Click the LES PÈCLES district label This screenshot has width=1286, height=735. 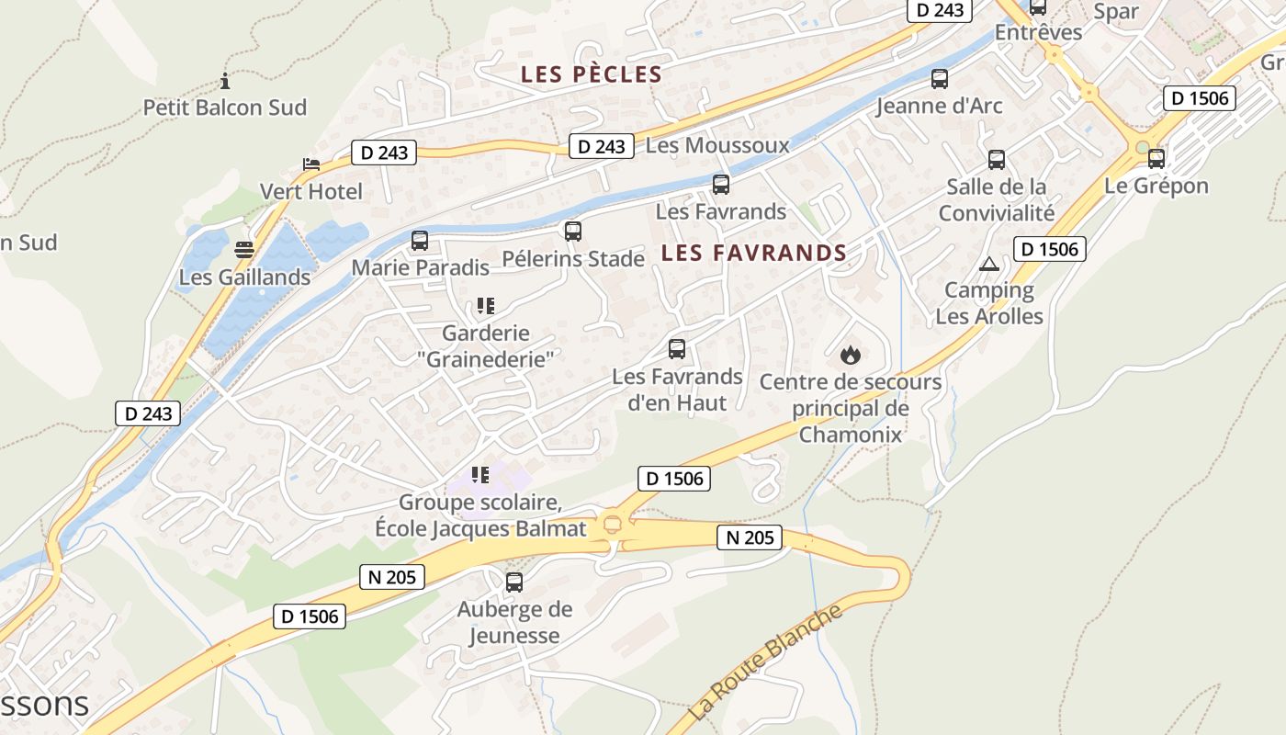(x=592, y=74)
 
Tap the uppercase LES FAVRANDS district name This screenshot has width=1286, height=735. (x=753, y=253)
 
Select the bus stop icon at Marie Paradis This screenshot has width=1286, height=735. (x=420, y=241)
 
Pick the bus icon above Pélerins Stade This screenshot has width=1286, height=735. (x=573, y=232)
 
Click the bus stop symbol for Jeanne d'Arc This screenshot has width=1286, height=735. (x=939, y=79)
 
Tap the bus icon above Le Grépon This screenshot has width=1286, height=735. (x=1156, y=159)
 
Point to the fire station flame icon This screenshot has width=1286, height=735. (x=851, y=354)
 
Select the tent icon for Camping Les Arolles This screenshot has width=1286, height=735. (x=989, y=265)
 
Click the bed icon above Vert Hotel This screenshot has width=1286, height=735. (x=311, y=164)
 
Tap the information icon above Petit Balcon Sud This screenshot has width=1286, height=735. (x=225, y=81)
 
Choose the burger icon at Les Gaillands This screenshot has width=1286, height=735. (x=244, y=249)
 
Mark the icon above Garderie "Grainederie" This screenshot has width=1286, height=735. (x=485, y=306)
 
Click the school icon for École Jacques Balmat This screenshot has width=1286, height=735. (x=480, y=475)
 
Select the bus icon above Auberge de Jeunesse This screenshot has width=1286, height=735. (x=514, y=582)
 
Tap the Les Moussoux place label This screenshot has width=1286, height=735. (x=717, y=145)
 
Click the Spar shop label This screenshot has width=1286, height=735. (x=1116, y=11)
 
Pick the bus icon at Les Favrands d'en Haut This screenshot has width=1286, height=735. (x=677, y=349)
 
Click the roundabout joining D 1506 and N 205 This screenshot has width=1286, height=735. (x=613, y=526)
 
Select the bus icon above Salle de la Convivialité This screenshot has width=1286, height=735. (x=997, y=160)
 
